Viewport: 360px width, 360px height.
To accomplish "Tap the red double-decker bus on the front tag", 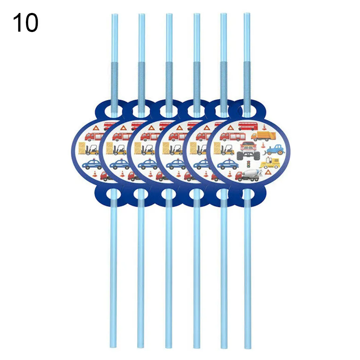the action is tap(249, 126).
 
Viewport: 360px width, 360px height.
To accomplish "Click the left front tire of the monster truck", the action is tap(241, 156).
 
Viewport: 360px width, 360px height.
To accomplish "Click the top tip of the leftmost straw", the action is tap(114, 14).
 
